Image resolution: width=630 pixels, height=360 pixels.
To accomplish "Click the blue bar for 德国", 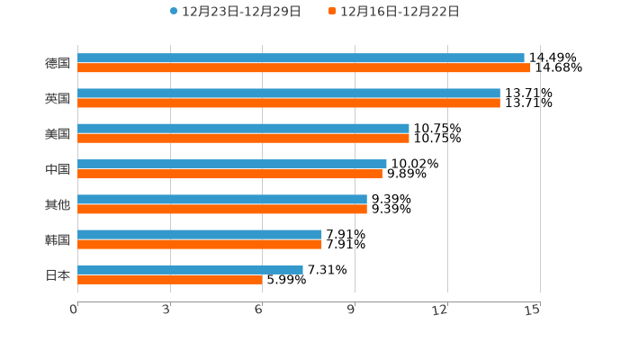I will click(x=301, y=58).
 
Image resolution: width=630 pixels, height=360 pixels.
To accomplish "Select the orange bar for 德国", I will click(x=304, y=67).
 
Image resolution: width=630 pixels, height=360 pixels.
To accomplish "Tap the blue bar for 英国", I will click(x=289, y=93).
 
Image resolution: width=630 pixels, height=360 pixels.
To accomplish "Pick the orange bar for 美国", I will click(x=243, y=138).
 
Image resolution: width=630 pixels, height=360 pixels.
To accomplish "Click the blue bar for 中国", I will click(x=232, y=164).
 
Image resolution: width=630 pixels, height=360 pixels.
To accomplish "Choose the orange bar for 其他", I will click(x=222, y=209).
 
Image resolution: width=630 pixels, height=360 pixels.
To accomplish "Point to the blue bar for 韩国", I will click(x=200, y=234).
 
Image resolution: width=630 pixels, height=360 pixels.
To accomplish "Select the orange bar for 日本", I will click(x=170, y=279).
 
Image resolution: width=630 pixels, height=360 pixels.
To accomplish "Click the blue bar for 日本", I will click(x=190, y=269).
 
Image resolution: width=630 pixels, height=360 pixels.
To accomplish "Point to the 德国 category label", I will click(x=58, y=63).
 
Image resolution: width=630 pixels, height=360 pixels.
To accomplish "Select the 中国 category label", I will click(x=58, y=169).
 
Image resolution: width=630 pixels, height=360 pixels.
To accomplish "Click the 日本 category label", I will click(x=58, y=274).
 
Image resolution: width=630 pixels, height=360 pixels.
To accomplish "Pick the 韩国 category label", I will click(x=58, y=239).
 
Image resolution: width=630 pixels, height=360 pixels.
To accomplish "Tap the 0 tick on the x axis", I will click(x=74, y=310).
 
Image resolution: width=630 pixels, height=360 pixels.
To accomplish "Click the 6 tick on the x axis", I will click(x=259, y=310).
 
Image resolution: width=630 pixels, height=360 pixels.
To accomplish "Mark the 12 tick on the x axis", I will click(x=440, y=310).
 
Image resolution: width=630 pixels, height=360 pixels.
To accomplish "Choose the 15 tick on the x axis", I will click(x=533, y=310).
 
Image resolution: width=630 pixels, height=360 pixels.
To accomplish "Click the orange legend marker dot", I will click(x=332, y=12).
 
